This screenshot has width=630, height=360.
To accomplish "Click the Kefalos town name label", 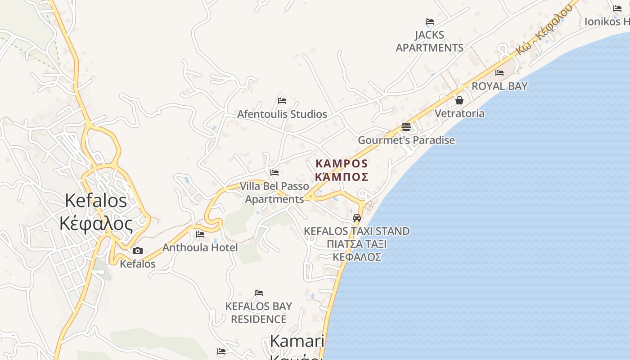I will click(x=96, y=212).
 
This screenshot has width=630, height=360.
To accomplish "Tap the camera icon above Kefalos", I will click(x=138, y=251).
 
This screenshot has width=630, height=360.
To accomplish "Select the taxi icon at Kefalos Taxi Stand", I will click(x=357, y=218).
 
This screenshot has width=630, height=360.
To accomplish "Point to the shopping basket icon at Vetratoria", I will click(x=459, y=100).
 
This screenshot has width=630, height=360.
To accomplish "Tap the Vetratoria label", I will click(x=459, y=113).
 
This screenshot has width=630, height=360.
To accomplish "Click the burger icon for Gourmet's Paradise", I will click(x=406, y=127).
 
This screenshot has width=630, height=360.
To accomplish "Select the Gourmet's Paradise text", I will click(x=406, y=140).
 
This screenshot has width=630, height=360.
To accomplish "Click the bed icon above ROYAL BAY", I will click(x=499, y=73).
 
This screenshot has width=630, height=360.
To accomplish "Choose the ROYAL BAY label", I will click(x=499, y=86).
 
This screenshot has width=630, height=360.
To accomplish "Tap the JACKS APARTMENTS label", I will click(x=429, y=41).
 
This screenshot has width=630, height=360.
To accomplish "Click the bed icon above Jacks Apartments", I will click(x=430, y=22).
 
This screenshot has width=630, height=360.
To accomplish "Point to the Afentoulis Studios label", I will click(x=282, y=114).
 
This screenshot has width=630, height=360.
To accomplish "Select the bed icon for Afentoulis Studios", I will click(x=282, y=100).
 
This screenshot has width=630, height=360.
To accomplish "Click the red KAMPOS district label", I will click(x=342, y=170).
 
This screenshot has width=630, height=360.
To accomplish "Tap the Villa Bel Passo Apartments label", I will click(x=274, y=193).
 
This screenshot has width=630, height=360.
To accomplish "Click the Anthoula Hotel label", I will click(x=200, y=247).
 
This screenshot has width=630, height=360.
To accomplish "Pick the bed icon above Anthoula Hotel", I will click(x=200, y=234).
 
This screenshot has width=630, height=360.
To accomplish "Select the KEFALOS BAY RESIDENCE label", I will click(x=258, y=313).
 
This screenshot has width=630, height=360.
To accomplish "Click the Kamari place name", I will click(x=297, y=342).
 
